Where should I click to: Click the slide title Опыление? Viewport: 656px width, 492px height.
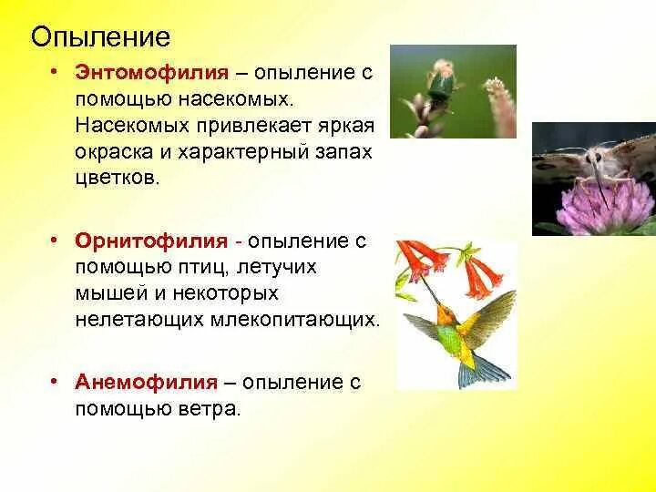click(x=100, y=37)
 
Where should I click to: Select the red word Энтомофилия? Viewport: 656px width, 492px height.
click(x=152, y=73)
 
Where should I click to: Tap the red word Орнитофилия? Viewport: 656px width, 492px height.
click(x=151, y=241)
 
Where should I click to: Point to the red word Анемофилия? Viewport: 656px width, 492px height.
click(x=147, y=382)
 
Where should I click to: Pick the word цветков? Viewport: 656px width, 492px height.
click(x=118, y=178)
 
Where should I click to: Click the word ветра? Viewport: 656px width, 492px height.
click(x=210, y=408)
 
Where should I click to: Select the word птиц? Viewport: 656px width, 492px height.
click(x=198, y=267)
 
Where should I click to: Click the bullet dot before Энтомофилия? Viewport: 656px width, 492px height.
click(x=53, y=73)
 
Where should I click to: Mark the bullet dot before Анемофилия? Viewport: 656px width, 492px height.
click(x=53, y=382)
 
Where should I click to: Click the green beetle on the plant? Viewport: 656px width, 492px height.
click(x=440, y=87)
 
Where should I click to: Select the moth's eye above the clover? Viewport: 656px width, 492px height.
click(x=597, y=159)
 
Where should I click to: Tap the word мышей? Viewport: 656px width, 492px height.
click(x=111, y=292)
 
